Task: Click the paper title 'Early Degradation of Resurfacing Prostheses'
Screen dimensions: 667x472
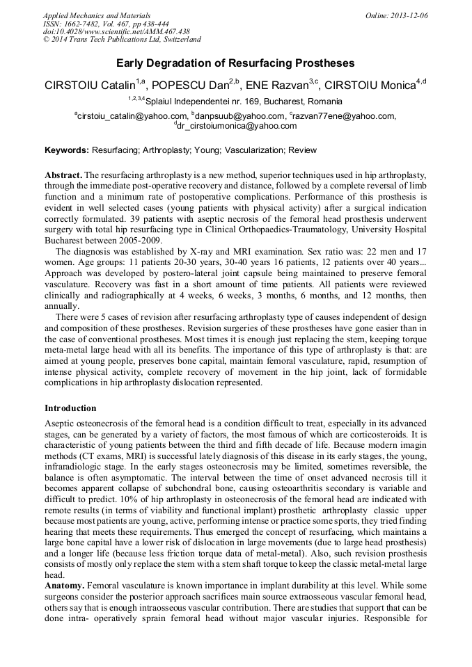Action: click(x=235, y=63)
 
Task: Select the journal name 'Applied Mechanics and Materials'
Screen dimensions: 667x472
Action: click(x=97, y=15)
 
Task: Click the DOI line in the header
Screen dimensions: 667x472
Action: click(x=116, y=32)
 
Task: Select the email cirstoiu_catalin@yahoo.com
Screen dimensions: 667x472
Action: click(x=132, y=116)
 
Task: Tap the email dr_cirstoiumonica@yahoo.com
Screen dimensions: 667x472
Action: click(x=237, y=127)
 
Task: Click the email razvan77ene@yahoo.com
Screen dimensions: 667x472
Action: click(x=343, y=116)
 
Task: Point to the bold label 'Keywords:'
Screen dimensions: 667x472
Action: click(x=67, y=150)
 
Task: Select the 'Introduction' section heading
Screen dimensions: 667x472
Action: click(x=70, y=408)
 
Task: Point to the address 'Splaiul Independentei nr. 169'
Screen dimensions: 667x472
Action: click(x=206, y=102)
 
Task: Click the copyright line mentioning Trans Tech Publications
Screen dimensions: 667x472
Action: click(x=122, y=40)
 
